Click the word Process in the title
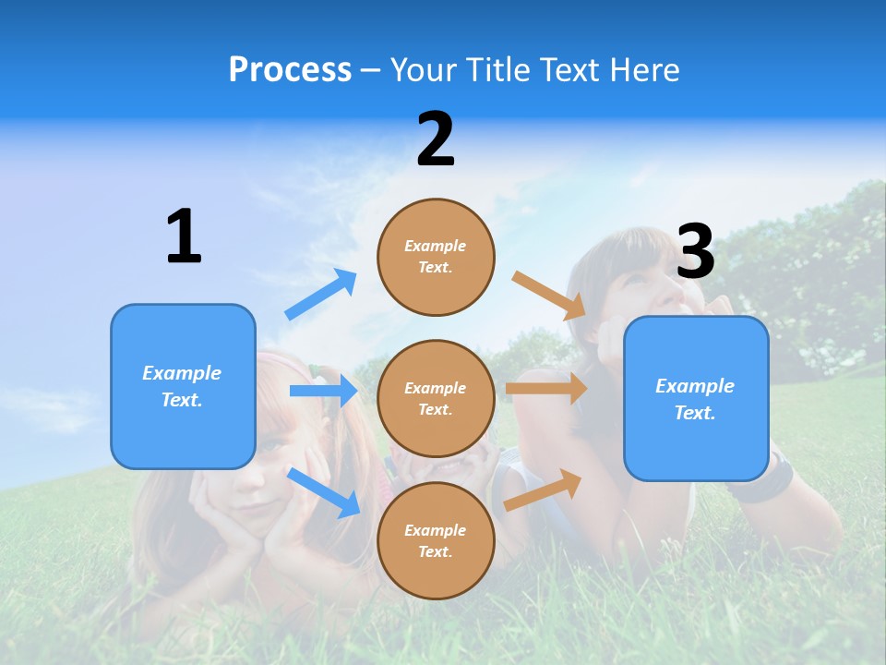(x=290, y=70)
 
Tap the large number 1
(x=184, y=237)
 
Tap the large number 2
(x=436, y=139)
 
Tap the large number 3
(x=695, y=251)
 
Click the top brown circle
(x=436, y=257)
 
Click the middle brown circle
(x=436, y=398)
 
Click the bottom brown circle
(x=436, y=540)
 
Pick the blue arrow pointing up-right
(x=321, y=295)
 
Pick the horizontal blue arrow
(x=323, y=391)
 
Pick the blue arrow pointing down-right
(x=324, y=491)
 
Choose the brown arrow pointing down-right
(x=549, y=295)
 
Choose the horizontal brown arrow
(x=546, y=388)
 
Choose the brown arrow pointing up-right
(x=544, y=490)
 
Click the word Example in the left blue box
(x=182, y=373)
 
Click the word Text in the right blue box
(x=694, y=413)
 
